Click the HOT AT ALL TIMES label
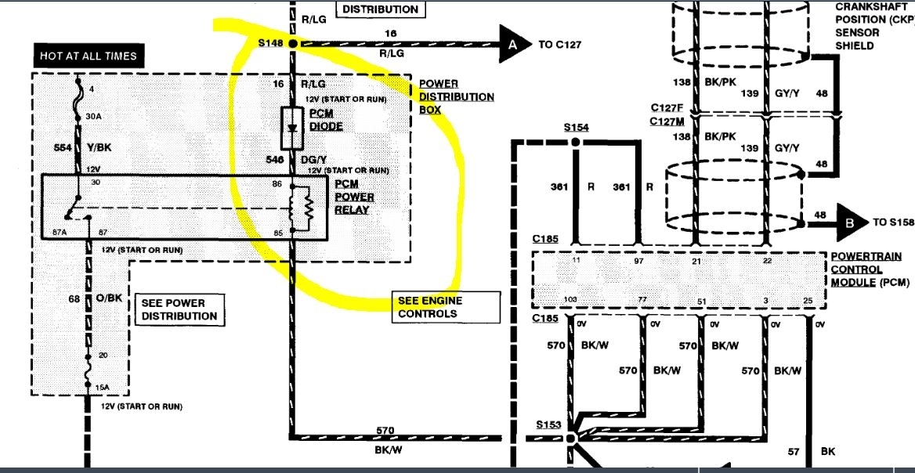(x=89, y=56)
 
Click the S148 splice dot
(x=292, y=44)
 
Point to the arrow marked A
(x=512, y=45)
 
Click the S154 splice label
(x=575, y=127)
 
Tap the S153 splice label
(x=550, y=424)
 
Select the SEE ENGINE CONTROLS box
(x=445, y=308)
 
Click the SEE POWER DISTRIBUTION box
(x=179, y=309)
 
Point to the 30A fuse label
(x=94, y=115)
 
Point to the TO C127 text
(x=560, y=45)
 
